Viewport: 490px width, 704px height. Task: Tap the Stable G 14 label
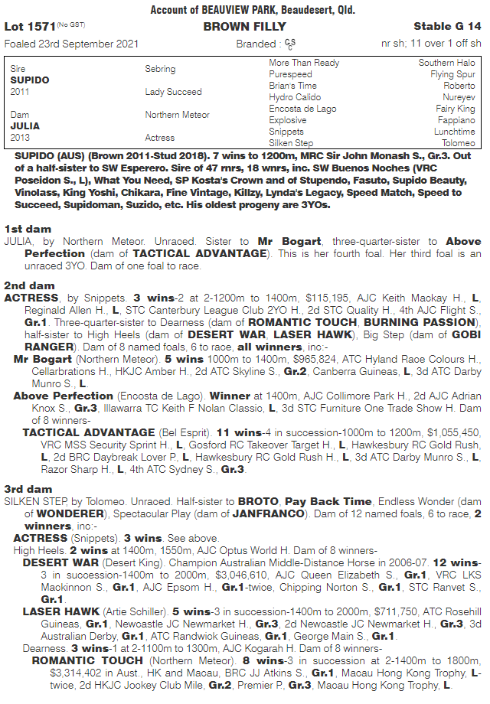tap(447, 26)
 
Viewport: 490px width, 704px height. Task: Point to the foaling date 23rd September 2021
tap(71, 44)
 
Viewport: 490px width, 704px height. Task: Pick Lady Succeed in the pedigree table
tap(174, 92)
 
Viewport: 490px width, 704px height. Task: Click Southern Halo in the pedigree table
tap(447, 63)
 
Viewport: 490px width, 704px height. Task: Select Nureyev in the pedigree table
tap(458, 97)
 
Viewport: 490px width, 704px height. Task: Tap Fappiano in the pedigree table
tap(456, 120)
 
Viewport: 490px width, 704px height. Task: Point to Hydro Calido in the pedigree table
tap(295, 97)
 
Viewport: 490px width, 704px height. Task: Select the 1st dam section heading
tap(29, 229)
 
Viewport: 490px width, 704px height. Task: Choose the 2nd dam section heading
tap(31, 285)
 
